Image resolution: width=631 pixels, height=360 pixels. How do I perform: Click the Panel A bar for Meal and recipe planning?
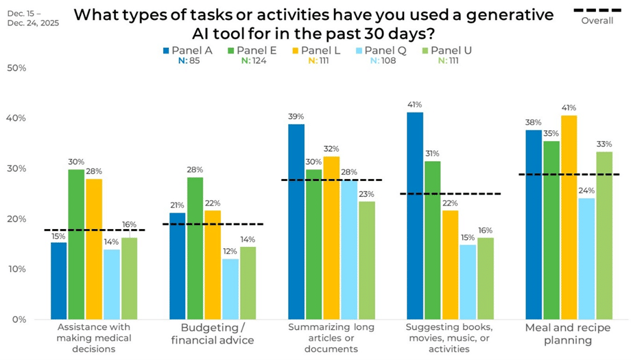pyautogui.click(x=534, y=224)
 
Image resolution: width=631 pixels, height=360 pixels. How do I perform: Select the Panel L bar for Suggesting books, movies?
pyautogui.click(x=451, y=264)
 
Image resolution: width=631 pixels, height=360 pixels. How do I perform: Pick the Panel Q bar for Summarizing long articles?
pyautogui.click(x=350, y=250)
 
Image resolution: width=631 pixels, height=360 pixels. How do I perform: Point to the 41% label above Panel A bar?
pyautogui.click(x=414, y=104)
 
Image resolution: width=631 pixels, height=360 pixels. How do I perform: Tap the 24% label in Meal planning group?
pyautogui.click(x=586, y=191)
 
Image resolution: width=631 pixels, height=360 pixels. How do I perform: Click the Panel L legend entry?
pyautogui.click(x=316, y=50)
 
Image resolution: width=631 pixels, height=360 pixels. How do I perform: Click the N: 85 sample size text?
pyautogui.click(x=189, y=60)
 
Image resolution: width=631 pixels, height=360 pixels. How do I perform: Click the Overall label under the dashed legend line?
pyautogui.click(x=597, y=21)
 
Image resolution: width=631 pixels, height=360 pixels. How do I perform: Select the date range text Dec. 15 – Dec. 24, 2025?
pyautogui.click(x=33, y=18)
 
